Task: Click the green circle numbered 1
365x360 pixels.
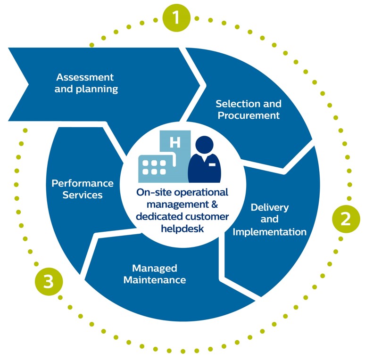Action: point(176,18)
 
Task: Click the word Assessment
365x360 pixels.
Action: point(85,77)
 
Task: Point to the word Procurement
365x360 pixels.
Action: point(249,115)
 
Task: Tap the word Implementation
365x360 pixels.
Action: point(270,232)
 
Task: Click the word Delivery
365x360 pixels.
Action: point(270,207)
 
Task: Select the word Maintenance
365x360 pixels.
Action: point(155,280)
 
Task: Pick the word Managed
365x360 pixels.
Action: point(155,268)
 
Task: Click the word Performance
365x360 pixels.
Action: point(83,183)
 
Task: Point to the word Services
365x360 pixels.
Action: point(83,195)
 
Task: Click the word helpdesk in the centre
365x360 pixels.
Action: point(182,229)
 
